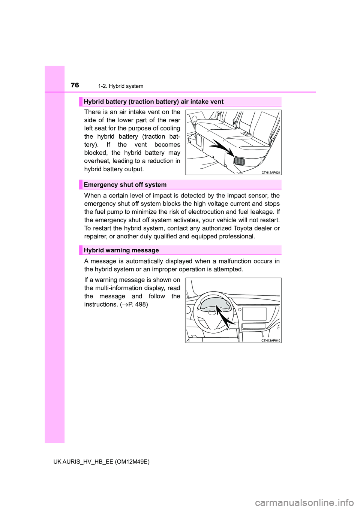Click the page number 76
75,85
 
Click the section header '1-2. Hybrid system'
120,86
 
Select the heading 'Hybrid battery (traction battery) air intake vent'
153,102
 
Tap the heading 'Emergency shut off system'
125,184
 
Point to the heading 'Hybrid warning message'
121,250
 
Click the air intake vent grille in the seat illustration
239,161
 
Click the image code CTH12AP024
271,172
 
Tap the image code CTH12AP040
271,340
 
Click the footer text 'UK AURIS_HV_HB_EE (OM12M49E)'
101,462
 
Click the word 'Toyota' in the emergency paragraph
243,228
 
